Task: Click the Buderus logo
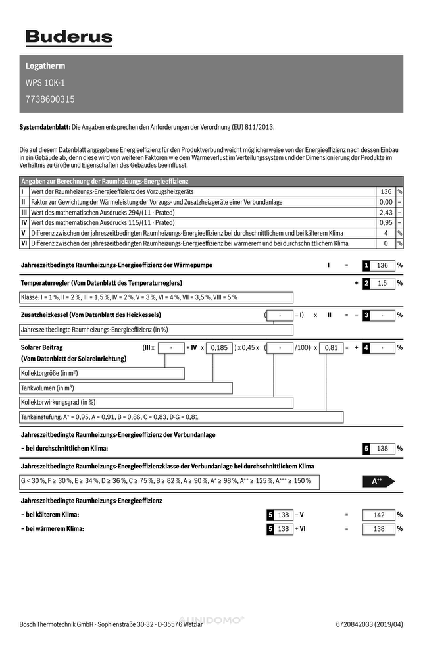pyautogui.click(x=69, y=38)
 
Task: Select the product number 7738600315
pyautogui.click(x=50, y=100)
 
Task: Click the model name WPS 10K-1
pyautogui.click(x=45, y=83)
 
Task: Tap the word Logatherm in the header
pyautogui.click(x=45, y=66)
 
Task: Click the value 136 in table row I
pyautogui.click(x=386, y=191)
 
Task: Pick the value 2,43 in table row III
pyautogui.click(x=386, y=213)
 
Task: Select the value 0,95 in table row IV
pyautogui.click(x=386, y=223)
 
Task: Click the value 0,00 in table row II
pyautogui.click(x=386, y=202)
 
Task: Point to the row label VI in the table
pyautogui.click(x=24, y=243)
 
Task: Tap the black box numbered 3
pyautogui.click(x=366, y=315)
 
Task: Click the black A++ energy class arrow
pyautogui.click(x=378, y=482)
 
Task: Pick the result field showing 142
pyautogui.click(x=379, y=515)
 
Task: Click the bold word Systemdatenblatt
pyautogui.click(x=45, y=126)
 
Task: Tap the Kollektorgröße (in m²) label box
pyautogui.click(x=102, y=373)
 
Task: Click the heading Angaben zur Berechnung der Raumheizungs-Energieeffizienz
pyautogui.click(x=105, y=181)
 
